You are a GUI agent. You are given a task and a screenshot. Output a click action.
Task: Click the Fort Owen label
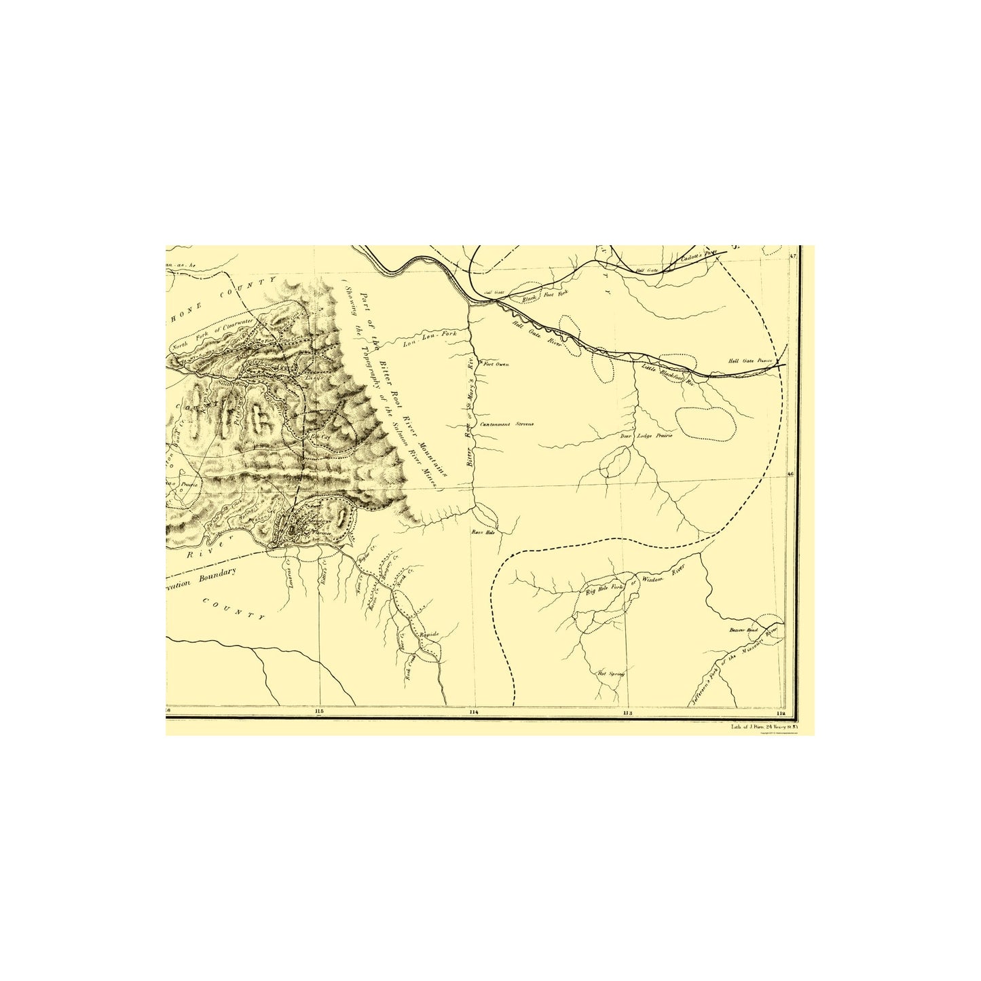point(496,365)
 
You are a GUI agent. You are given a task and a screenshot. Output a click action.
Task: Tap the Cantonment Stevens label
point(507,424)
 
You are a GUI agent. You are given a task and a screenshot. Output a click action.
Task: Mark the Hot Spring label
point(610,673)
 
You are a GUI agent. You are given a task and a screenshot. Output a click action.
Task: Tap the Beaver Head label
point(743,630)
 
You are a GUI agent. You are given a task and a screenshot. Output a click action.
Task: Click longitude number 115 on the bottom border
point(319,711)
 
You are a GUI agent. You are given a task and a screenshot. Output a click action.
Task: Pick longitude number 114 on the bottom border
point(473,712)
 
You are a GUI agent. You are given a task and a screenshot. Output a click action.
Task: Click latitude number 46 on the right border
point(790,475)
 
